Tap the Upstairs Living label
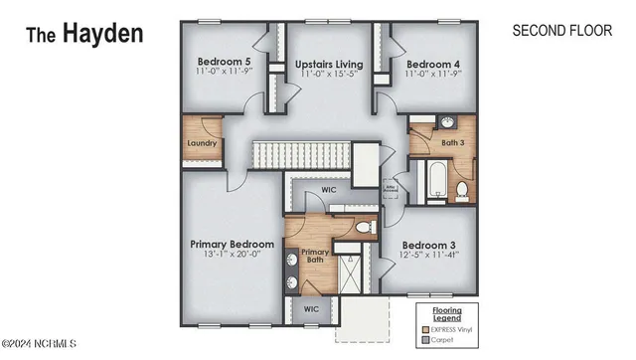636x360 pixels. (x=329, y=65)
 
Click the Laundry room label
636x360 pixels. (x=202, y=142)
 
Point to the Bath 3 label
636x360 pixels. (x=453, y=143)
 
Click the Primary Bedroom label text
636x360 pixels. (x=232, y=243)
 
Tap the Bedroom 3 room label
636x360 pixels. (x=429, y=244)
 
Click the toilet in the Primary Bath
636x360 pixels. (x=364, y=228)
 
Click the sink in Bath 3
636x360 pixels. (x=445, y=124)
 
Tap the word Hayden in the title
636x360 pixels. (x=103, y=33)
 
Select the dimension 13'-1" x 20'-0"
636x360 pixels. (x=232, y=255)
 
